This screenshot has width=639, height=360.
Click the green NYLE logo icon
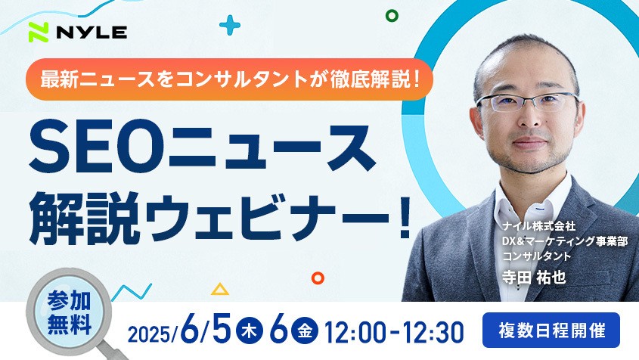39,33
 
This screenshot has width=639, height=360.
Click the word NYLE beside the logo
92,33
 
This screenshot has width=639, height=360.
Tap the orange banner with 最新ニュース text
229,79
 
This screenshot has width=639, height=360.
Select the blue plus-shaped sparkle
230,25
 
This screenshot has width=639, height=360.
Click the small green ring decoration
392,16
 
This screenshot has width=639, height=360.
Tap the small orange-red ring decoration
318,278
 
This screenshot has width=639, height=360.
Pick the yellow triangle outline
220,289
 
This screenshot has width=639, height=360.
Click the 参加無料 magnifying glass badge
70,312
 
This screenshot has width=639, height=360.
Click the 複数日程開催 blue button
551,331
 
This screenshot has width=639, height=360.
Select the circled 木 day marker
249,331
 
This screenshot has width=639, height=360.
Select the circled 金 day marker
305,331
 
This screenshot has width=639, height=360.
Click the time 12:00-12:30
394,332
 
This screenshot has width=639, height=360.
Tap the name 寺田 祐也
534,278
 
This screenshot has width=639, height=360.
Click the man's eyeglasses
528,102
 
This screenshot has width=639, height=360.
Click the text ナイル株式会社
538,225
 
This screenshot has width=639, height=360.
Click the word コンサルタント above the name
536,256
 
